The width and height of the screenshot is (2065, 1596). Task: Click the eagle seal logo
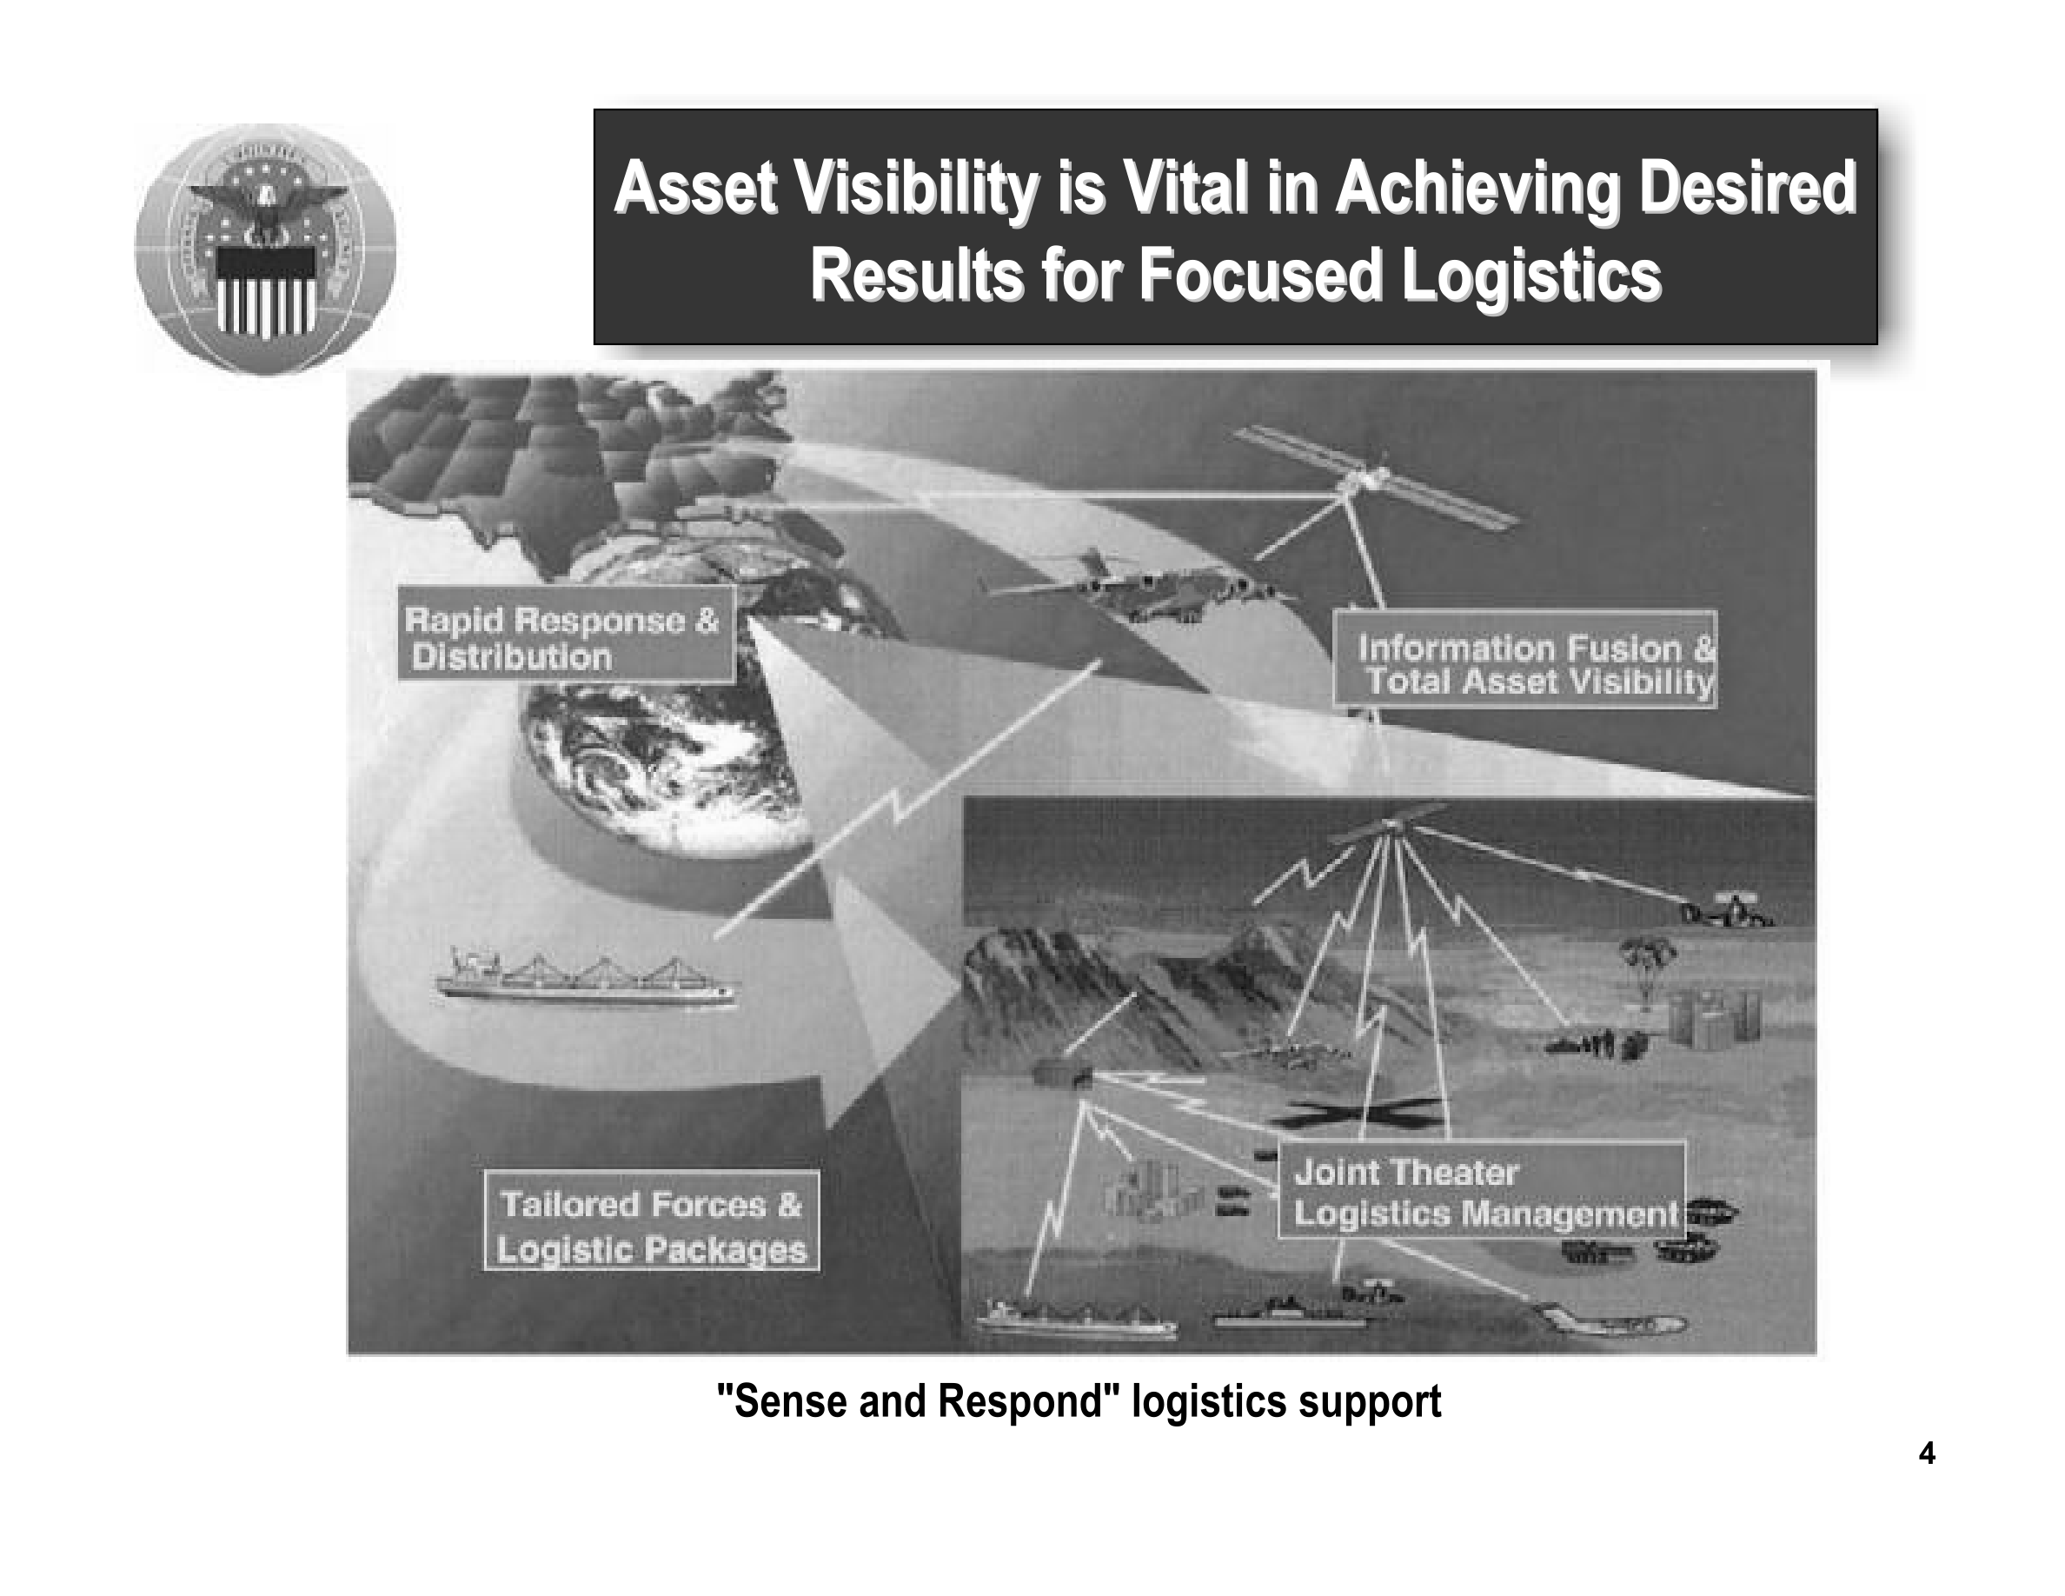point(265,249)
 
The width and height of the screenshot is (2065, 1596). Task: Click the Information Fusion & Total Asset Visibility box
point(1525,660)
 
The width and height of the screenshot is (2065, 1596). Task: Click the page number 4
point(1927,1453)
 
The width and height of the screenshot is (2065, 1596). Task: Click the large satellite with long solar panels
point(1376,476)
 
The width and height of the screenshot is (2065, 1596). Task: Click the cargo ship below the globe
point(583,978)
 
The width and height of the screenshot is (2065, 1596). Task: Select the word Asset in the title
point(696,187)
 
